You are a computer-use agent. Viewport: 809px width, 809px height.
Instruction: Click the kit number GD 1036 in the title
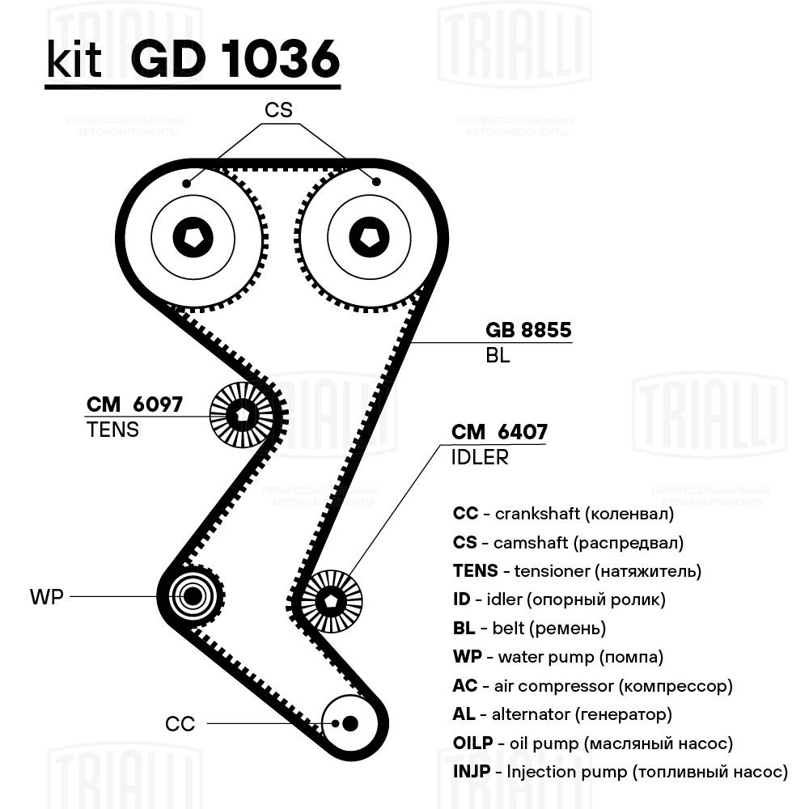[x=235, y=59]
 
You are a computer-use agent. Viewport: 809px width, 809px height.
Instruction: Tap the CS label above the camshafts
[x=278, y=110]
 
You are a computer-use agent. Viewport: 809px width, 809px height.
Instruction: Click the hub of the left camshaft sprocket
[x=193, y=237]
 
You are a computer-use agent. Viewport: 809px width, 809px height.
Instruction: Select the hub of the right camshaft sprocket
[x=370, y=237]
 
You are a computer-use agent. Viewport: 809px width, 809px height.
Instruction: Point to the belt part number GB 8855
[x=528, y=330]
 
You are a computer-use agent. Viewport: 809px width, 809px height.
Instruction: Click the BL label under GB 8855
[x=498, y=355]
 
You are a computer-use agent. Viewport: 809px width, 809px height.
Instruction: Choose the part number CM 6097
[x=134, y=404]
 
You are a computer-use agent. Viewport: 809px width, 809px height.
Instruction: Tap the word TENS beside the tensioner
[x=112, y=430]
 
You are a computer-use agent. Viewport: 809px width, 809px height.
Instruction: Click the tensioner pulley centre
[x=243, y=414]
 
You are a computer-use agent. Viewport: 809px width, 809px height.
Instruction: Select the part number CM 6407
[x=499, y=432]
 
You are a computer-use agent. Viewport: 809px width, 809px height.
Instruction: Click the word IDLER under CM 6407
[x=480, y=458]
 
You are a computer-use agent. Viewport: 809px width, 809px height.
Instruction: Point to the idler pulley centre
[x=331, y=600]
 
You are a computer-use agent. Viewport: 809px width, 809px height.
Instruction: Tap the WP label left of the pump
[x=46, y=597]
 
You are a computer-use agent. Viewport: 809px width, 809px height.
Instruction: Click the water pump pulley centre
[x=192, y=596]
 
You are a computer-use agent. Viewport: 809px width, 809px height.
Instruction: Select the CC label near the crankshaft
[x=180, y=724]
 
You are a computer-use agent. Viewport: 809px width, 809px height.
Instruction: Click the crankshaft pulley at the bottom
[x=349, y=723]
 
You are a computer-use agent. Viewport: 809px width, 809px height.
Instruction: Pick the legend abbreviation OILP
[x=472, y=743]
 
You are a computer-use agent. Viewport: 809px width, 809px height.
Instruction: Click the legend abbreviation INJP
[x=472, y=772]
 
